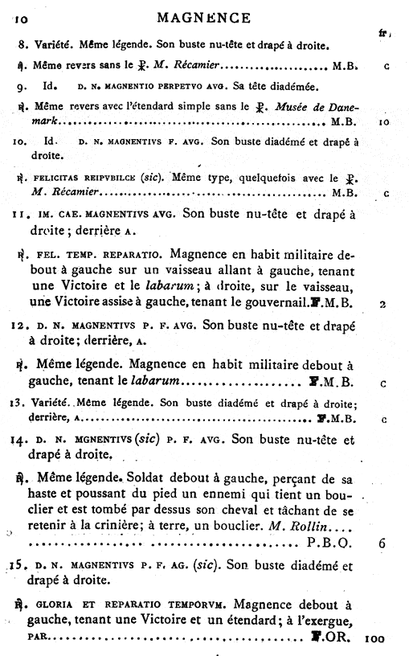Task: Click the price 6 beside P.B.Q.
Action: (381, 542)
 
